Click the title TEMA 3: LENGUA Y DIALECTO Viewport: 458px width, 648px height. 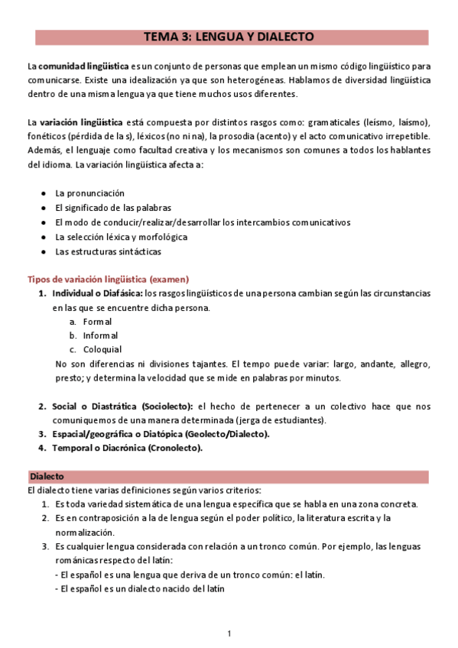coord(229,37)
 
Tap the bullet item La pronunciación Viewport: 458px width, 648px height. coord(89,193)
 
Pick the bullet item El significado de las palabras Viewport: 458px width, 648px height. coord(112,208)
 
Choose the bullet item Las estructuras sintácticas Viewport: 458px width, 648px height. coord(108,251)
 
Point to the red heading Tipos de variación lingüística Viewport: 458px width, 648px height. coord(109,280)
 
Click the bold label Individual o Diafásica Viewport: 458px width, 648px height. coord(97,293)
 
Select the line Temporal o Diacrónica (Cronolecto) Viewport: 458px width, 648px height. coord(127,448)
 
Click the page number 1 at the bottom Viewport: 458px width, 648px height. coord(229,633)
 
